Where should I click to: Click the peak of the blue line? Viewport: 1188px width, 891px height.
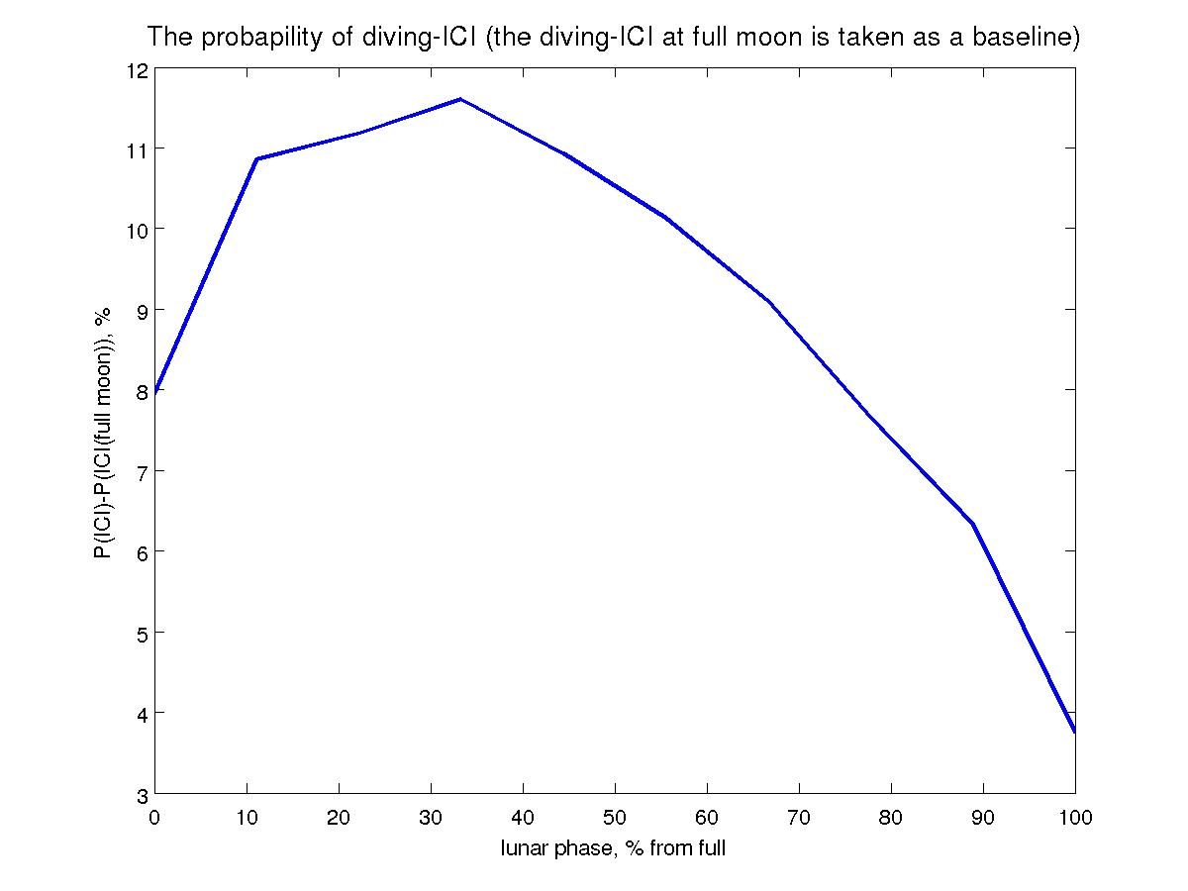(x=460, y=99)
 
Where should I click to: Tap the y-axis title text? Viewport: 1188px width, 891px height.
(x=102, y=432)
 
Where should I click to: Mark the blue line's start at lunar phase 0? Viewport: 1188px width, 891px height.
(x=155, y=392)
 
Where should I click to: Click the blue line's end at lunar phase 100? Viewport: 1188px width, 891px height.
(x=1074, y=732)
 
